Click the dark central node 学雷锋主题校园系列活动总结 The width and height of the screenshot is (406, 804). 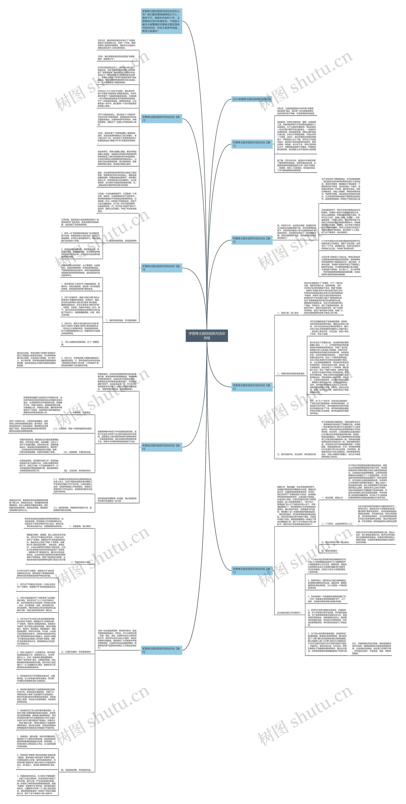tap(207, 336)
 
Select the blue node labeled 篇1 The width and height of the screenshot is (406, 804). tap(252, 144)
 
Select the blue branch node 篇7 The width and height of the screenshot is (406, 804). tap(252, 570)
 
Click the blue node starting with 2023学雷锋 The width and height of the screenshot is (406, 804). tap(252, 99)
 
